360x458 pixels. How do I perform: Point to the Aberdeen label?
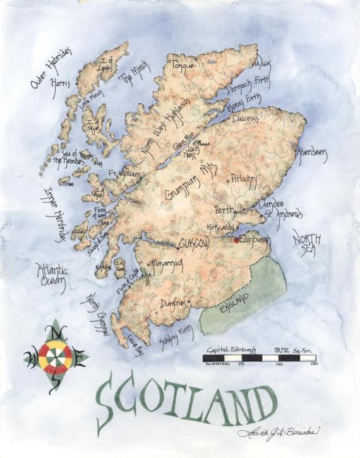[x=311, y=155]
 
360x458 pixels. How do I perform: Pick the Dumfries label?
[x=175, y=303]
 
